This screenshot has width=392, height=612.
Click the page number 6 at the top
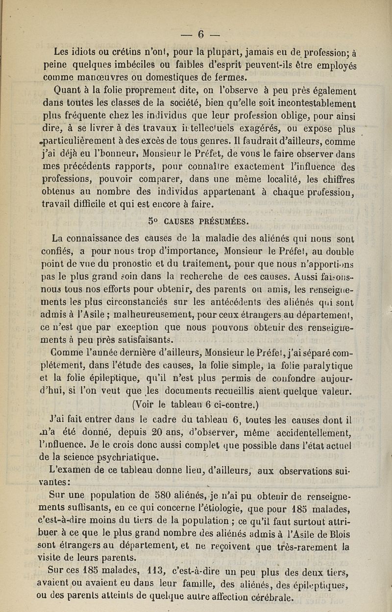200,34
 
